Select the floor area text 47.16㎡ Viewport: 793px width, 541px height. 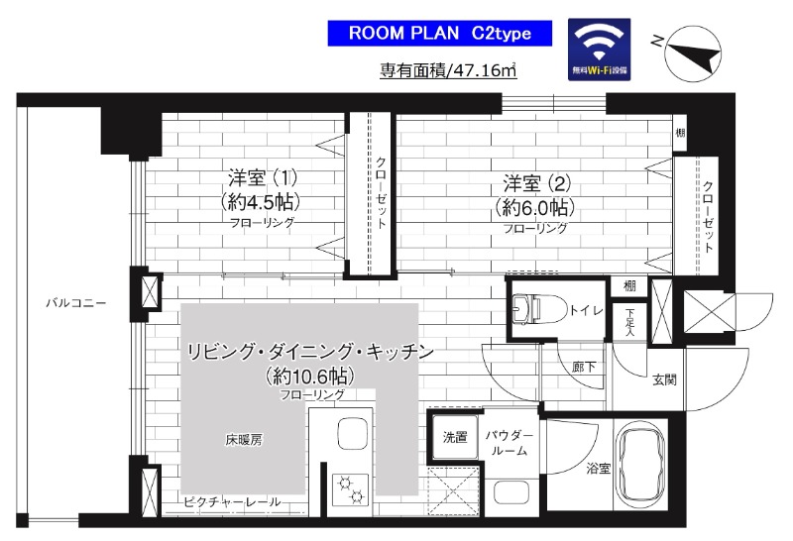pos(450,71)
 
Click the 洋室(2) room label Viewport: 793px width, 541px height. pos(534,195)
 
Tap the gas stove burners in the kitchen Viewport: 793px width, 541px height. pos(353,487)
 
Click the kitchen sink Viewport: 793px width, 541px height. pos(352,433)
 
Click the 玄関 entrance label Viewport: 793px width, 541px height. pos(663,379)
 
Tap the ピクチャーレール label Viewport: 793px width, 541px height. pos(231,502)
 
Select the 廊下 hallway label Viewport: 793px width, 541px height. pos(584,366)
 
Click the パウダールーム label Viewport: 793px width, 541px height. pos(509,443)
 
